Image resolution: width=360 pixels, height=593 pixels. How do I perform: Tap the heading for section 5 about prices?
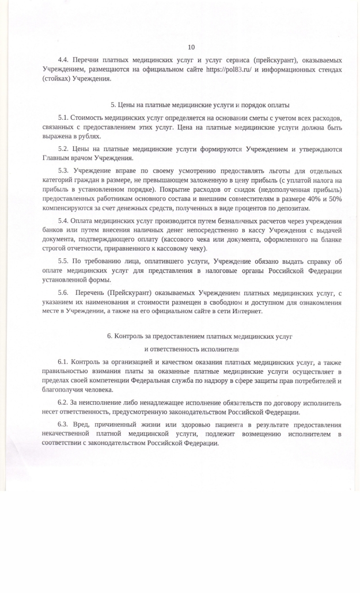(x=199, y=105)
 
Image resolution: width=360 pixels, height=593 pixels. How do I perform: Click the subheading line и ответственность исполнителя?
(x=191, y=349)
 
